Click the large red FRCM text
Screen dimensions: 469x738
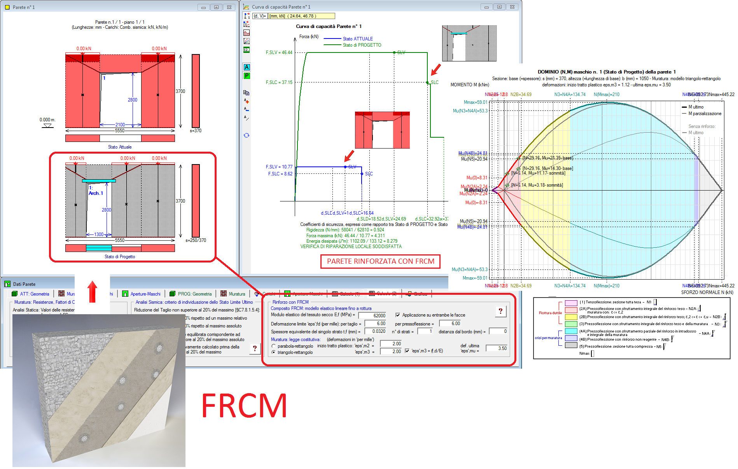244,406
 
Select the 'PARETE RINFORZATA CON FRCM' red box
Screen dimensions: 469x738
380,261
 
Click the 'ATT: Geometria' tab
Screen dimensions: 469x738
34,294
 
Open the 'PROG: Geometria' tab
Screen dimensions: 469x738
194,294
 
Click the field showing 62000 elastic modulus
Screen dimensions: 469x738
372,315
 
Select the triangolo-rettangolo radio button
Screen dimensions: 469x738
274,352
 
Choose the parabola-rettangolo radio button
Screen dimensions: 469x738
274,346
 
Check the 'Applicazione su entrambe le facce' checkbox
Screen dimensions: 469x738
398,315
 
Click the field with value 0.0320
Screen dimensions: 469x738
376,331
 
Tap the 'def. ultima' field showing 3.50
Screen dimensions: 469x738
497,348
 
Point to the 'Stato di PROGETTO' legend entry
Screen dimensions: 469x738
362,45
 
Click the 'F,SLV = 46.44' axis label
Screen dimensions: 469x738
279,52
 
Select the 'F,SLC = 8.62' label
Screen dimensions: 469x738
280,174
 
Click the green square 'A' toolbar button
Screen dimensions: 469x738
247,67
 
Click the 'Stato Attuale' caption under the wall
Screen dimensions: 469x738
120,147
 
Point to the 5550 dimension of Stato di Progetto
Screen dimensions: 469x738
120,240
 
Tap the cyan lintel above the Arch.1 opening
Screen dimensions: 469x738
99,180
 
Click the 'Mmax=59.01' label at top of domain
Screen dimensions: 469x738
475,102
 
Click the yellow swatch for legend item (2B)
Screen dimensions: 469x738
571,317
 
